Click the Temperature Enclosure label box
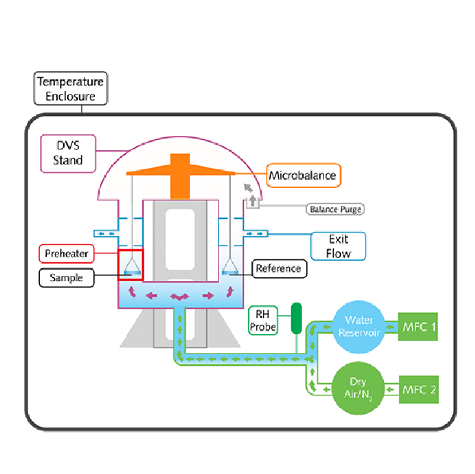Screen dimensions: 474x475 tap(71, 88)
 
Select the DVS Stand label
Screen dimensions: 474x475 tap(68, 153)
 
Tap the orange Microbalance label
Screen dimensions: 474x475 tap(303, 175)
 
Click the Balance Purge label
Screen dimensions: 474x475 tap(335, 209)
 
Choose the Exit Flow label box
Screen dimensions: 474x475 tap(339, 246)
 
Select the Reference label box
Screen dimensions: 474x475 tap(279, 268)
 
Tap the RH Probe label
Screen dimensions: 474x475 tap(262, 320)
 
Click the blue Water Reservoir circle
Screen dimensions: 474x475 tap(356, 326)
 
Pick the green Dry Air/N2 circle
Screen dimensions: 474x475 tap(356, 389)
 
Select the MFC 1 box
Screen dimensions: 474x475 tap(418, 326)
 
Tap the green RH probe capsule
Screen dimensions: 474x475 tap(296, 318)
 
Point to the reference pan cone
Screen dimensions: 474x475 tap(229, 267)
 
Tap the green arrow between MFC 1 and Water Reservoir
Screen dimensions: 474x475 tap(390, 326)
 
